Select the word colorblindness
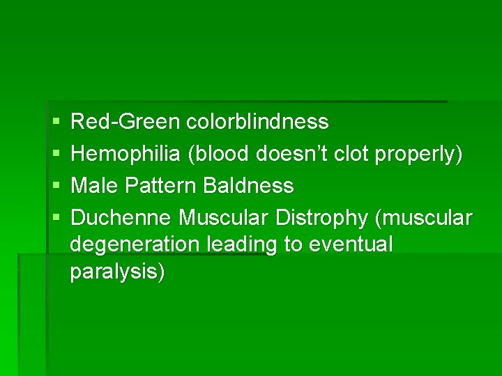click(x=257, y=123)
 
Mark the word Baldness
click(x=249, y=186)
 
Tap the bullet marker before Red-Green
click(x=55, y=123)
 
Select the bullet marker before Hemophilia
click(x=55, y=155)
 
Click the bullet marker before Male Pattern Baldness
click(x=55, y=187)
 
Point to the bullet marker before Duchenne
click(x=55, y=218)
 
